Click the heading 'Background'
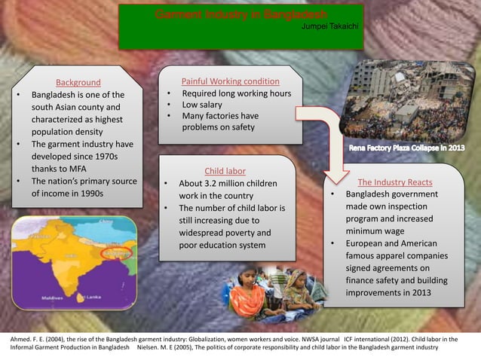coord(78,82)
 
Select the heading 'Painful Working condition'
coord(231,81)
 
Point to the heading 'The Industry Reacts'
coord(394,182)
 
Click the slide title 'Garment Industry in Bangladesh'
coord(240,15)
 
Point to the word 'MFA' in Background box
coord(79,169)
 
